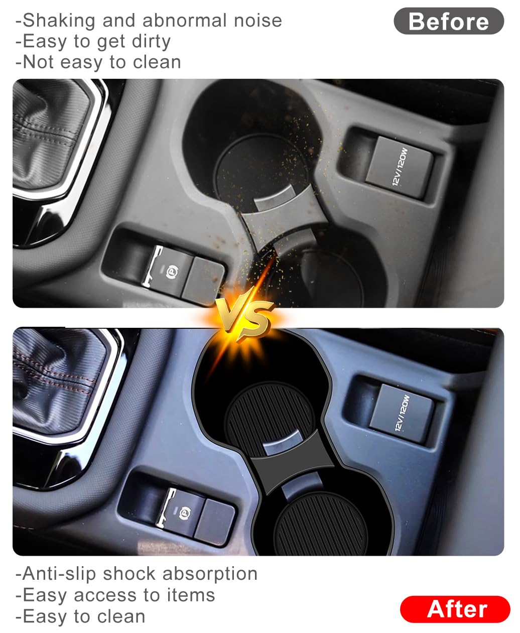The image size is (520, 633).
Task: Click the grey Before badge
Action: click(x=448, y=22)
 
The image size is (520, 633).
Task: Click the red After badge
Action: click(x=455, y=609)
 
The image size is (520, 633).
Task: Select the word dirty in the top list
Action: click(x=151, y=41)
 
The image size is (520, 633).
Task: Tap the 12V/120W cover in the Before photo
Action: click(x=399, y=165)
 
